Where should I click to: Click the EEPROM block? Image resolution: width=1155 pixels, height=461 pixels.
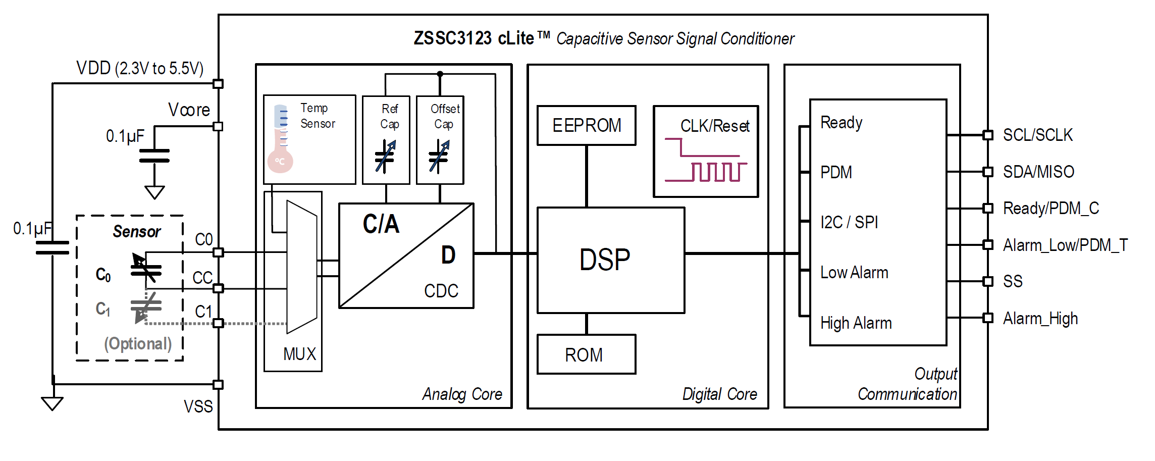(x=586, y=125)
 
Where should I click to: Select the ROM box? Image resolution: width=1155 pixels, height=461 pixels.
(x=586, y=354)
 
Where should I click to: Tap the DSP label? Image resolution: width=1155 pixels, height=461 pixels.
(x=605, y=260)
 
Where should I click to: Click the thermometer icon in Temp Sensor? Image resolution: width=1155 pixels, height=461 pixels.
(x=281, y=139)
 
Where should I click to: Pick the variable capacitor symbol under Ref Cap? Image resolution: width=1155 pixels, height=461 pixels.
(x=386, y=156)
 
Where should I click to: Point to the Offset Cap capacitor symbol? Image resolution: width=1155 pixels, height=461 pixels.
(x=439, y=156)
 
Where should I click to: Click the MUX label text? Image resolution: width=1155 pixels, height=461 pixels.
(x=299, y=354)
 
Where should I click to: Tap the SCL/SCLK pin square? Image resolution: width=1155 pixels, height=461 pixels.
(x=988, y=135)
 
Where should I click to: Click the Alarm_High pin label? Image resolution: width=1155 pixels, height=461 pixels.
(x=1040, y=319)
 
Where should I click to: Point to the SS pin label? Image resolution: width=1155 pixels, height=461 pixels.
(x=1012, y=281)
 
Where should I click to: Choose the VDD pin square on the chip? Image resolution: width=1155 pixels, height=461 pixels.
(x=218, y=83)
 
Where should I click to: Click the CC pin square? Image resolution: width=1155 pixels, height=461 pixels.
(x=218, y=288)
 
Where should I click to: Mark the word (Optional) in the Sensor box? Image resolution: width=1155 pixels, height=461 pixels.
(x=138, y=344)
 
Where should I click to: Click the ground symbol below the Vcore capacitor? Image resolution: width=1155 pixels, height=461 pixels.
(x=154, y=192)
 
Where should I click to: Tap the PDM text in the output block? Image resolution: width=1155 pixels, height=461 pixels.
(x=836, y=173)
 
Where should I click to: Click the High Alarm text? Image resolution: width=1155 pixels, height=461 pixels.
(x=856, y=323)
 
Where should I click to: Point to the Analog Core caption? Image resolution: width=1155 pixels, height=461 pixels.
(x=462, y=394)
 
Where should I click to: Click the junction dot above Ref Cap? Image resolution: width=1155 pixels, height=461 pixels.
(x=440, y=74)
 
